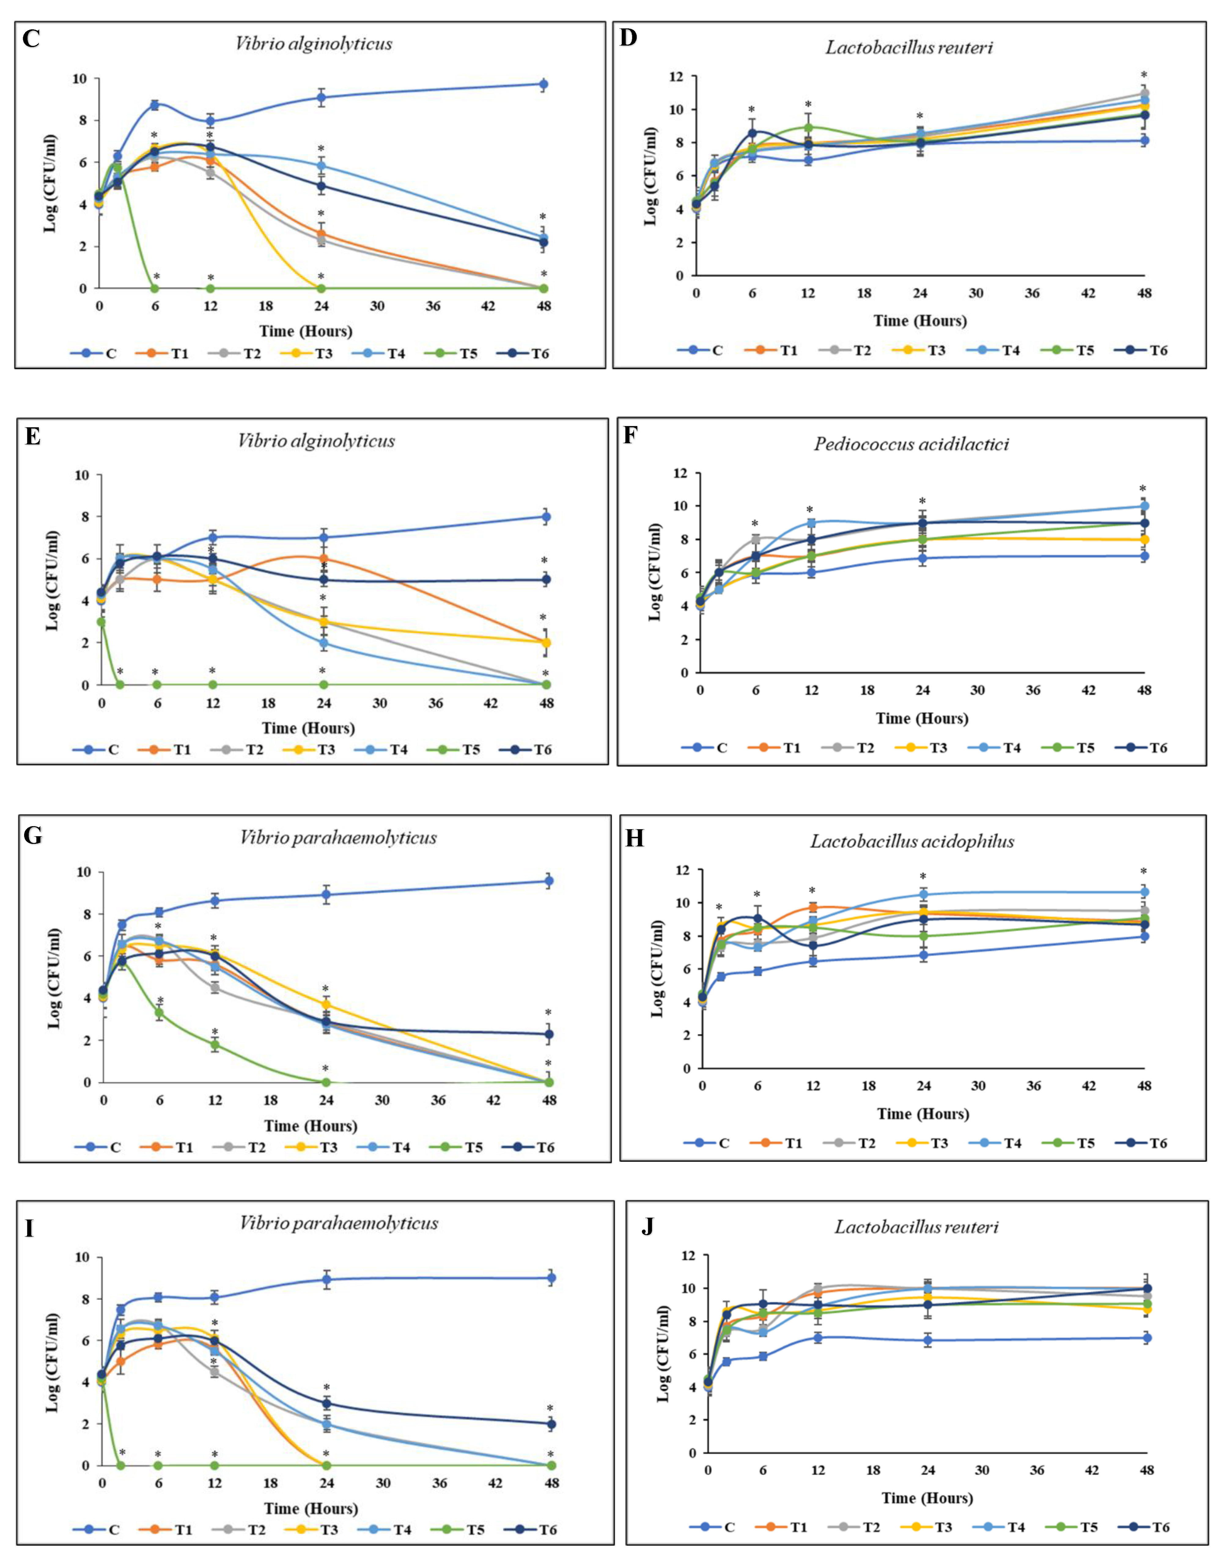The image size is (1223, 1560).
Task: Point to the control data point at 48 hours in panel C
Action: [x=543, y=84]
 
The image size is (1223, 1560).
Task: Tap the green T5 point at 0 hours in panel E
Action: [x=102, y=622]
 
